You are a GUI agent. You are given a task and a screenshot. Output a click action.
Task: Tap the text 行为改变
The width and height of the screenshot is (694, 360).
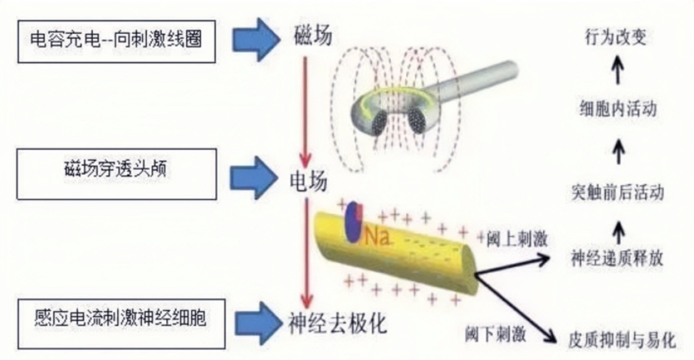pyautogui.click(x=616, y=37)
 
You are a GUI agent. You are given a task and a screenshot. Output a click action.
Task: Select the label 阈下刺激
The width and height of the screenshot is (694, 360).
pyautogui.click(x=495, y=332)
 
